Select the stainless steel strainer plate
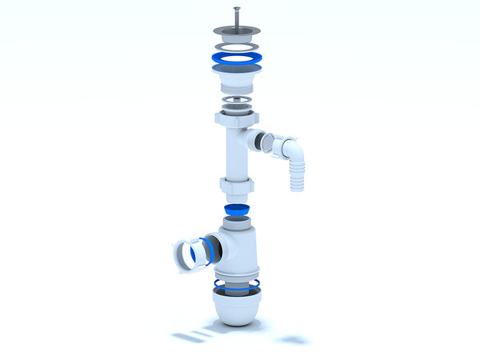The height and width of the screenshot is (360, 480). pyautogui.click(x=237, y=33)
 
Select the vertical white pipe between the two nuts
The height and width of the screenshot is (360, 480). pyautogui.click(x=237, y=156)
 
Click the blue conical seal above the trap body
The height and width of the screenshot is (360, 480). pyautogui.click(x=237, y=211)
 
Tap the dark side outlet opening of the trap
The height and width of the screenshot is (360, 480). pyautogui.click(x=212, y=250)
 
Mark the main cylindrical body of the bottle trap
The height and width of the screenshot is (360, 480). pyautogui.click(x=244, y=256)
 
